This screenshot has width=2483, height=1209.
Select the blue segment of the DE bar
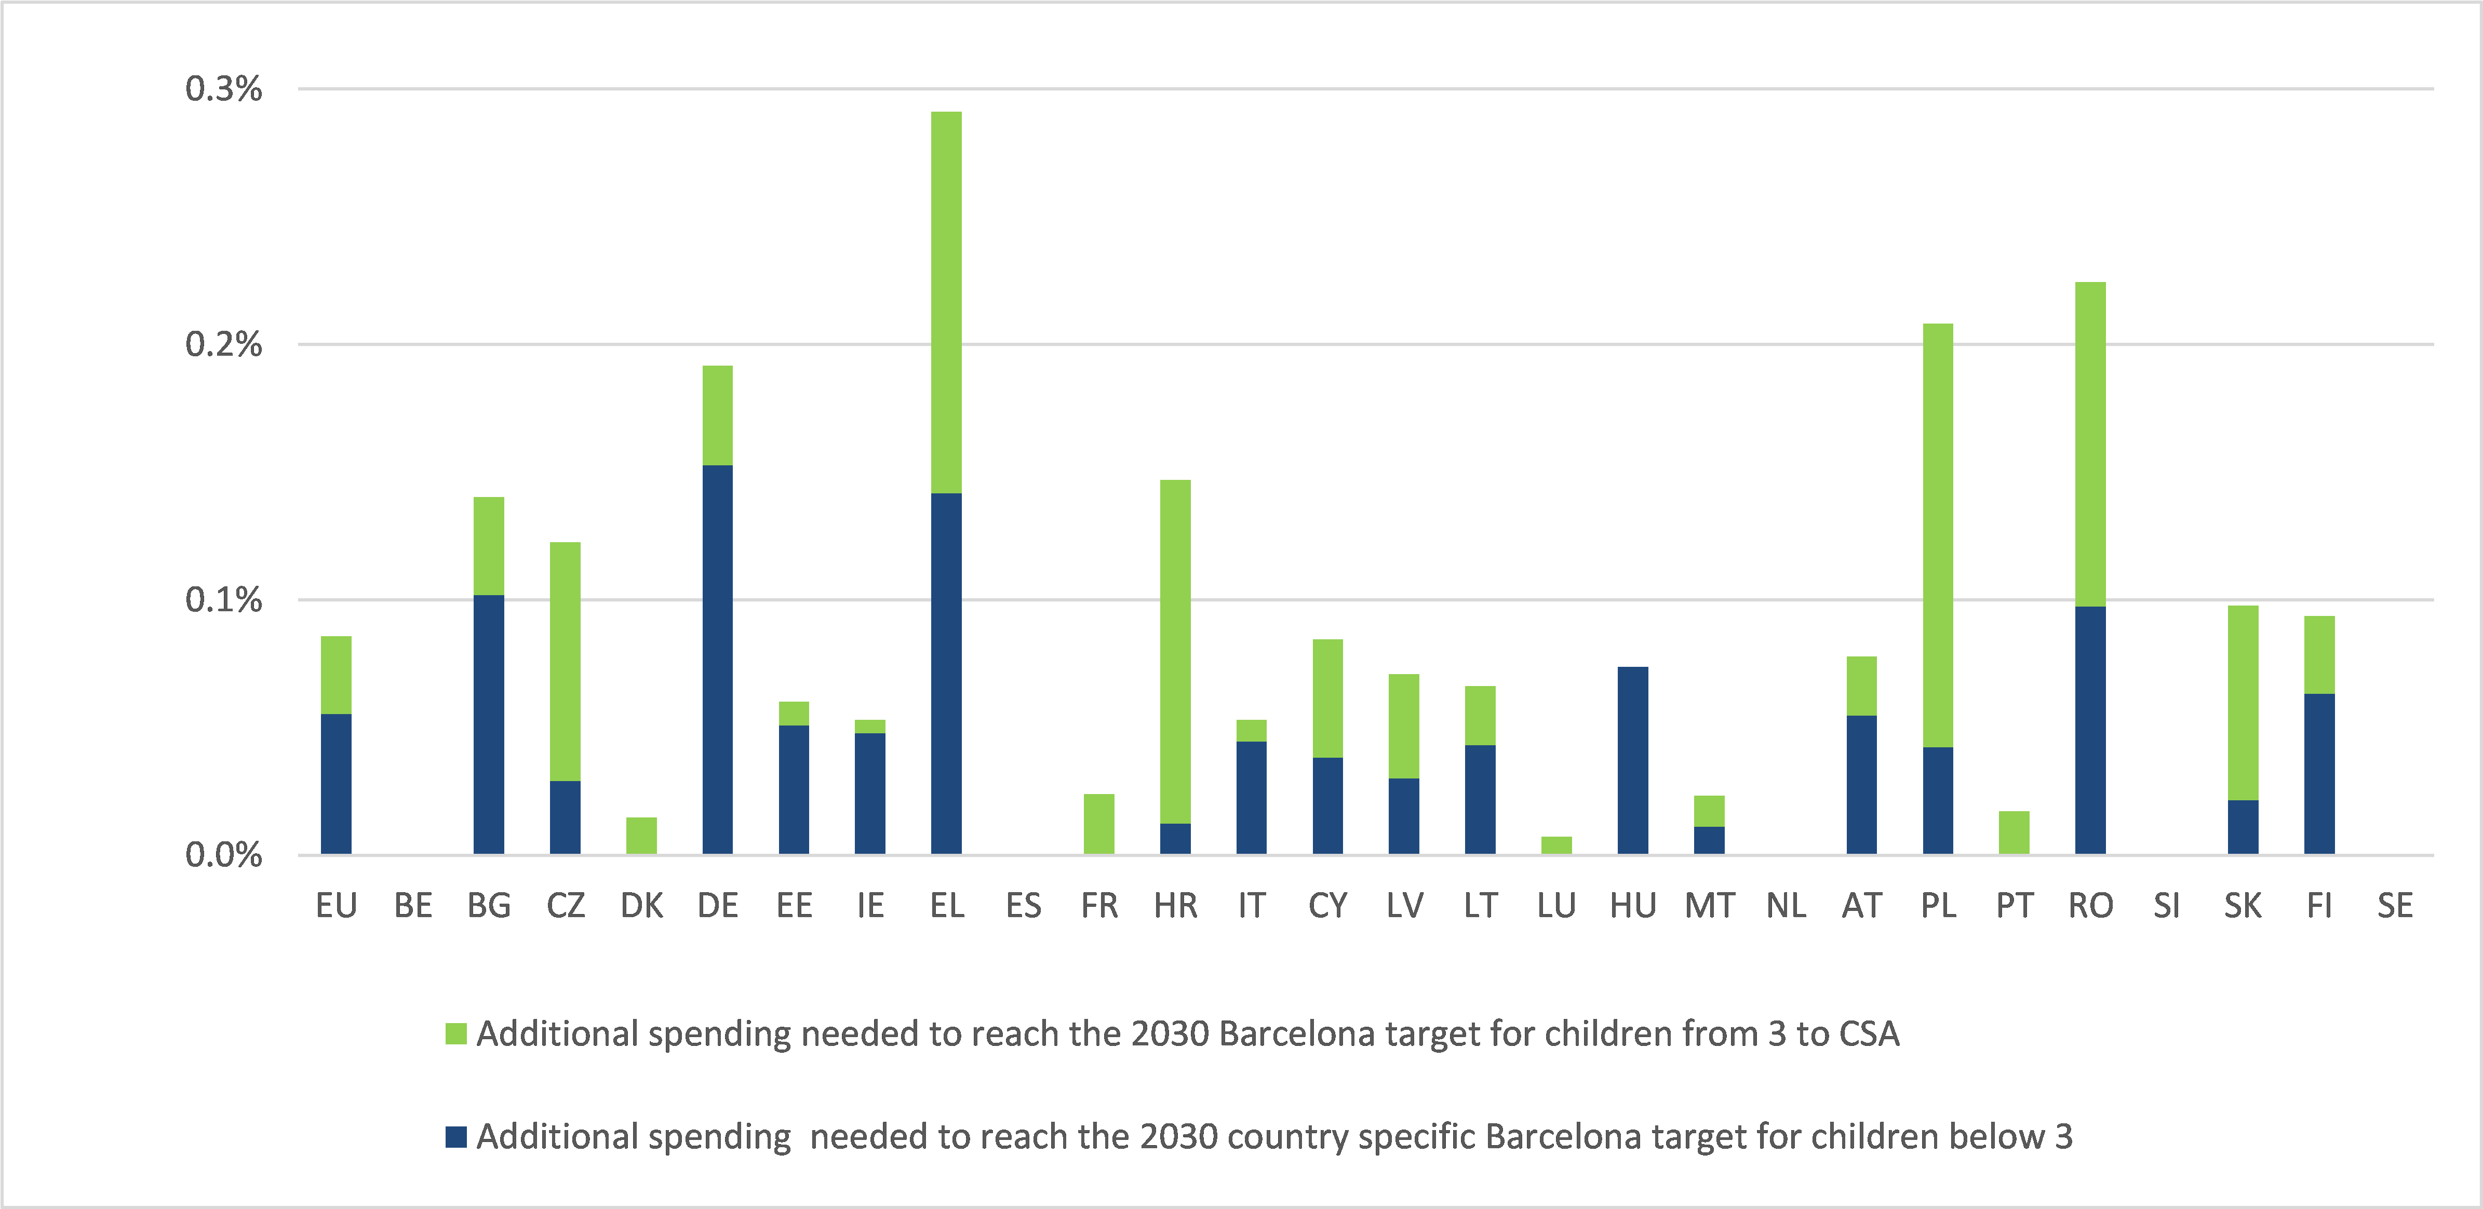coord(717,660)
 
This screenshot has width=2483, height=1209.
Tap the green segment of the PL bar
coord(1938,535)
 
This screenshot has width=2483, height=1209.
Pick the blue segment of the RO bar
coord(2090,730)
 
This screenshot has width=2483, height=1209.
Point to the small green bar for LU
coord(1556,844)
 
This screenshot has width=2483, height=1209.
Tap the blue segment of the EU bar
coord(335,784)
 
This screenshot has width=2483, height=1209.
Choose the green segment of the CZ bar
coord(565,662)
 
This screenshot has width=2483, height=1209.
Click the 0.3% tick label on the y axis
coord(224,89)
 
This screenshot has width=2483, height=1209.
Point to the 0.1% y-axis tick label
coord(224,600)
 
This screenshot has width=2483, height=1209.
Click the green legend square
coord(456,1033)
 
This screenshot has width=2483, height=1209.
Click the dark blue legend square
coord(456,1137)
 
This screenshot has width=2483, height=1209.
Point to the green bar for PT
coord(2014,832)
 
